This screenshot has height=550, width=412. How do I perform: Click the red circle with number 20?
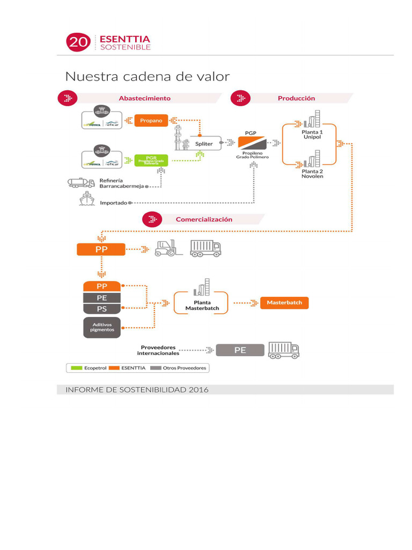78,42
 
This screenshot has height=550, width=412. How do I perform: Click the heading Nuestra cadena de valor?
148,76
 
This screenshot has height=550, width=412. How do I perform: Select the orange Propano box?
151,120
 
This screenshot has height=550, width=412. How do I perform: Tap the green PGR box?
151,160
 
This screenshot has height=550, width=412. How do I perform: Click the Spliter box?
204,143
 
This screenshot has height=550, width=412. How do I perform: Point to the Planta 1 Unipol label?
312,134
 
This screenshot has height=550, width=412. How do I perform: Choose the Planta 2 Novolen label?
312,173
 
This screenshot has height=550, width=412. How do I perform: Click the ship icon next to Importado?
86,200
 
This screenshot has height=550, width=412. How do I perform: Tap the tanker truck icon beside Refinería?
81,183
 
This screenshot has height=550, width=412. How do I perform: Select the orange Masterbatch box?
284,302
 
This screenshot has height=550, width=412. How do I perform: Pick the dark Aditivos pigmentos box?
102,327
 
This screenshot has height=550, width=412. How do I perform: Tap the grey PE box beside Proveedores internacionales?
240,350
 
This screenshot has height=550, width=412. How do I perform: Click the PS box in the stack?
102,309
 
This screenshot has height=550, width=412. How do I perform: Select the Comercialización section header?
204,219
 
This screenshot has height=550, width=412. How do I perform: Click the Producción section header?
296,98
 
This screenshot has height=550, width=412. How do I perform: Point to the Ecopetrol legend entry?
86,368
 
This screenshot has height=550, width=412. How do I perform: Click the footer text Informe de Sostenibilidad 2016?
137,389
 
